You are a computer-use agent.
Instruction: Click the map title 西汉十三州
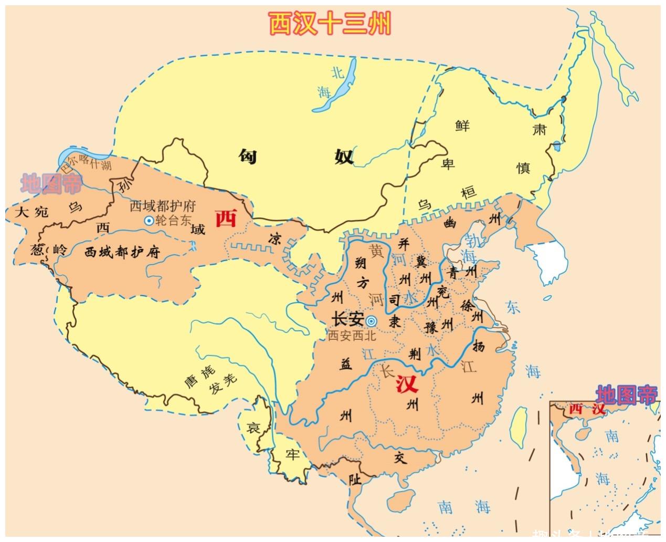pos(330,24)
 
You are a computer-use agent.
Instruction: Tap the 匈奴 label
pos(296,156)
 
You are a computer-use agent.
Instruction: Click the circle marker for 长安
pos(372,321)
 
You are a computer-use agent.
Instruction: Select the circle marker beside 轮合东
pos(149,221)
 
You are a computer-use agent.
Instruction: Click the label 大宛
pos(32,212)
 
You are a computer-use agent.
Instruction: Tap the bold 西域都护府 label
pos(122,252)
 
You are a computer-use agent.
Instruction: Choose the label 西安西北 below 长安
pos(352,336)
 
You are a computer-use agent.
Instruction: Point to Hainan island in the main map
pos(399,497)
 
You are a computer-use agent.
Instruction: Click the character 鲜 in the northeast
pos(462,126)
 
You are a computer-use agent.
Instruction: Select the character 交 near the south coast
pos(400,458)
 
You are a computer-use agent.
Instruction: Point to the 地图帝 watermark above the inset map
pos(626,395)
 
